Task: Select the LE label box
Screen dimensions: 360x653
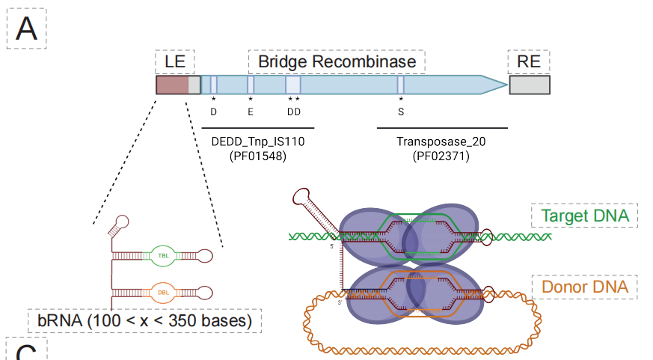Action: [174, 61]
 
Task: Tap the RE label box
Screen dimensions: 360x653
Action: [528, 61]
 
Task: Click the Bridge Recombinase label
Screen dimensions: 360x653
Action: [337, 61]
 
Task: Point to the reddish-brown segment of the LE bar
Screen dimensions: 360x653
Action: [172, 85]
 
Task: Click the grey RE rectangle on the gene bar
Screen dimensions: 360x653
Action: [530, 85]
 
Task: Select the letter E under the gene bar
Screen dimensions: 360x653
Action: [251, 112]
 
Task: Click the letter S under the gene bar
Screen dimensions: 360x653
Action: [401, 112]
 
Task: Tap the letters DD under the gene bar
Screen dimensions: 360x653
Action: [293, 112]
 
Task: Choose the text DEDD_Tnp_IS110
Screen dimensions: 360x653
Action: [258, 141]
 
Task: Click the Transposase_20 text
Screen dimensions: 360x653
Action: [441, 141]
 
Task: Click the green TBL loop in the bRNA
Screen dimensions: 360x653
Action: [163, 254]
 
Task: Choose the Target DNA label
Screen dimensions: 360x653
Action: [584, 216]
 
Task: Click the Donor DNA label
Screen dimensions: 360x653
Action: [584, 287]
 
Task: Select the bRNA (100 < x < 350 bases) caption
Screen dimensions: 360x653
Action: [144, 321]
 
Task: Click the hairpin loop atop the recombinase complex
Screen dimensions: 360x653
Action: [304, 198]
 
